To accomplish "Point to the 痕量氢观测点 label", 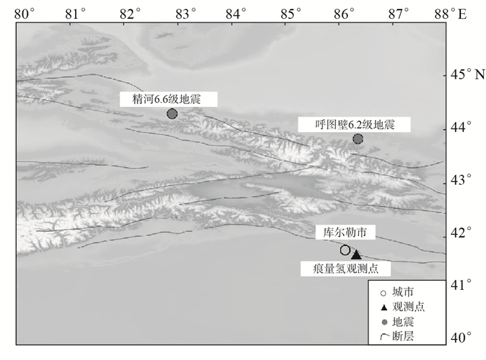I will click(x=346, y=268).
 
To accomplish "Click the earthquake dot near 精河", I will click(x=172, y=113).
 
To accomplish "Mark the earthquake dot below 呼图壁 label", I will click(x=358, y=139).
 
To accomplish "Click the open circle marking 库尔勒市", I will click(x=345, y=250).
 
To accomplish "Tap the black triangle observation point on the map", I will click(x=356, y=255).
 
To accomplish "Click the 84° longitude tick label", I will click(x=237, y=13).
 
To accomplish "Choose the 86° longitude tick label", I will click(x=344, y=13).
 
